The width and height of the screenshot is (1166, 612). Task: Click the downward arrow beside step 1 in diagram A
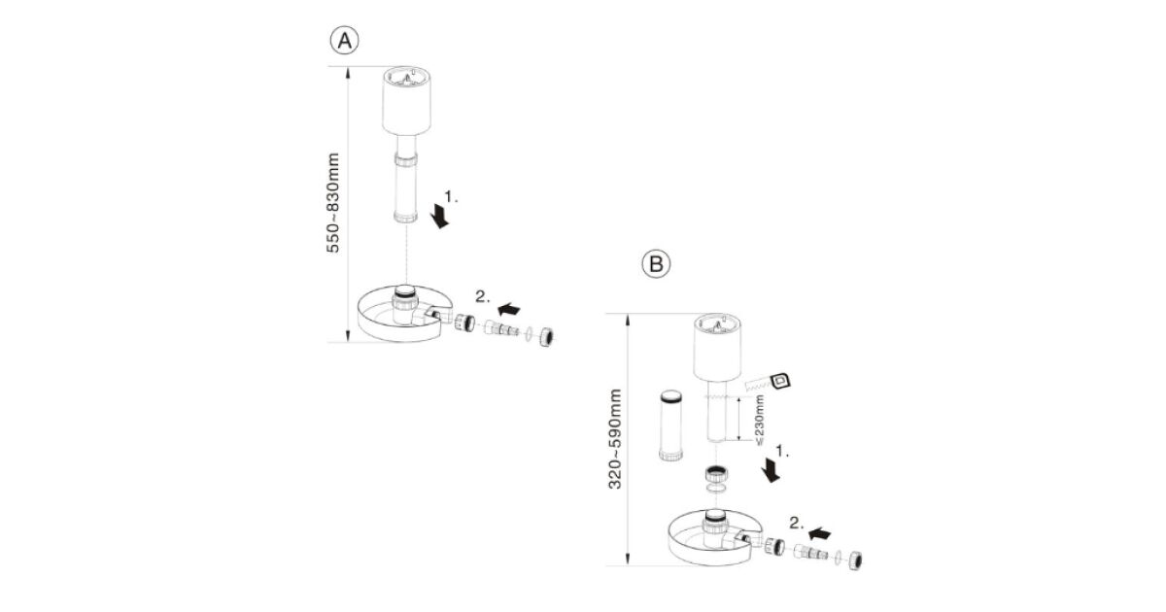click(x=442, y=215)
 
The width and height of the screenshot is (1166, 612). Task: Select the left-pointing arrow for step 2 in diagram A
click(x=507, y=308)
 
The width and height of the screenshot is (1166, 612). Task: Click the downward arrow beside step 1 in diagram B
click(x=772, y=470)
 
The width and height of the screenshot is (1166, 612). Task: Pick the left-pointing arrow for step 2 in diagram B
click(x=820, y=532)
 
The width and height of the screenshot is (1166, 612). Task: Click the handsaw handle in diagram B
click(x=778, y=381)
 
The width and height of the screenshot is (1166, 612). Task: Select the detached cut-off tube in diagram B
click(x=669, y=426)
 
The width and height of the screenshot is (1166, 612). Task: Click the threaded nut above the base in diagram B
click(x=716, y=476)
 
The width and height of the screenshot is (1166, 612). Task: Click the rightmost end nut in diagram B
click(x=856, y=561)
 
